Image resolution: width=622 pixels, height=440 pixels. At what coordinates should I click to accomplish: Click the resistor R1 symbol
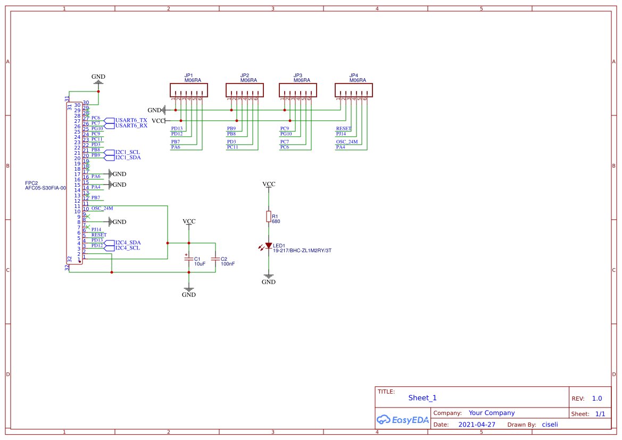click(269, 216)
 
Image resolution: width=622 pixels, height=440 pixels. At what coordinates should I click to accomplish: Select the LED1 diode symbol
click(269, 246)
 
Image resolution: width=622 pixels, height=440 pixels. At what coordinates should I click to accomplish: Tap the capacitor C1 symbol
click(188, 259)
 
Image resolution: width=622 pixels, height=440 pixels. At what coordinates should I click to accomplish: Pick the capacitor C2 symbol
click(215, 259)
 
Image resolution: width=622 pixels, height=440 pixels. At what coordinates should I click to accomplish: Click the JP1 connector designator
click(189, 76)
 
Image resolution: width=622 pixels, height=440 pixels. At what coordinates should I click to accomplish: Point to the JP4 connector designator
click(354, 76)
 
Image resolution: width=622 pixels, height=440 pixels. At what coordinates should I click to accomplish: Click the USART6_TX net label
click(131, 120)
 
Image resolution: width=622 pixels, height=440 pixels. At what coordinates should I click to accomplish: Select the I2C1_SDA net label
click(128, 157)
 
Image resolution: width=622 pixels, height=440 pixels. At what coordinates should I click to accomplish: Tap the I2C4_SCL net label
click(128, 248)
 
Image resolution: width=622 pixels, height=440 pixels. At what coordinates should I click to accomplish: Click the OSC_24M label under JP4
click(347, 142)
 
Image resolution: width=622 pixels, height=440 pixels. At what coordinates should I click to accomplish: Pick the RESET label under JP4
click(344, 129)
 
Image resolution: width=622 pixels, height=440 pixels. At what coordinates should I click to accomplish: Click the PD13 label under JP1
click(177, 129)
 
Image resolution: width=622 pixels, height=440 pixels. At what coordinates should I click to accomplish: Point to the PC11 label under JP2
click(233, 147)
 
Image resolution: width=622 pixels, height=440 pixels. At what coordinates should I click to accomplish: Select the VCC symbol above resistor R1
click(269, 184)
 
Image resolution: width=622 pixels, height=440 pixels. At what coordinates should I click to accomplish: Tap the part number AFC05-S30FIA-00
click(45, 188)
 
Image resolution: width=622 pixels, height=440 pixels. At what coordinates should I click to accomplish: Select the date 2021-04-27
click(477, 425)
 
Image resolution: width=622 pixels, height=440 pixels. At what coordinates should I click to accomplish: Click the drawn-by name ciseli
click(550, 425)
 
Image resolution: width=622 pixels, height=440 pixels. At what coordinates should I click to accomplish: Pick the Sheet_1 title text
click(422, 398)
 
